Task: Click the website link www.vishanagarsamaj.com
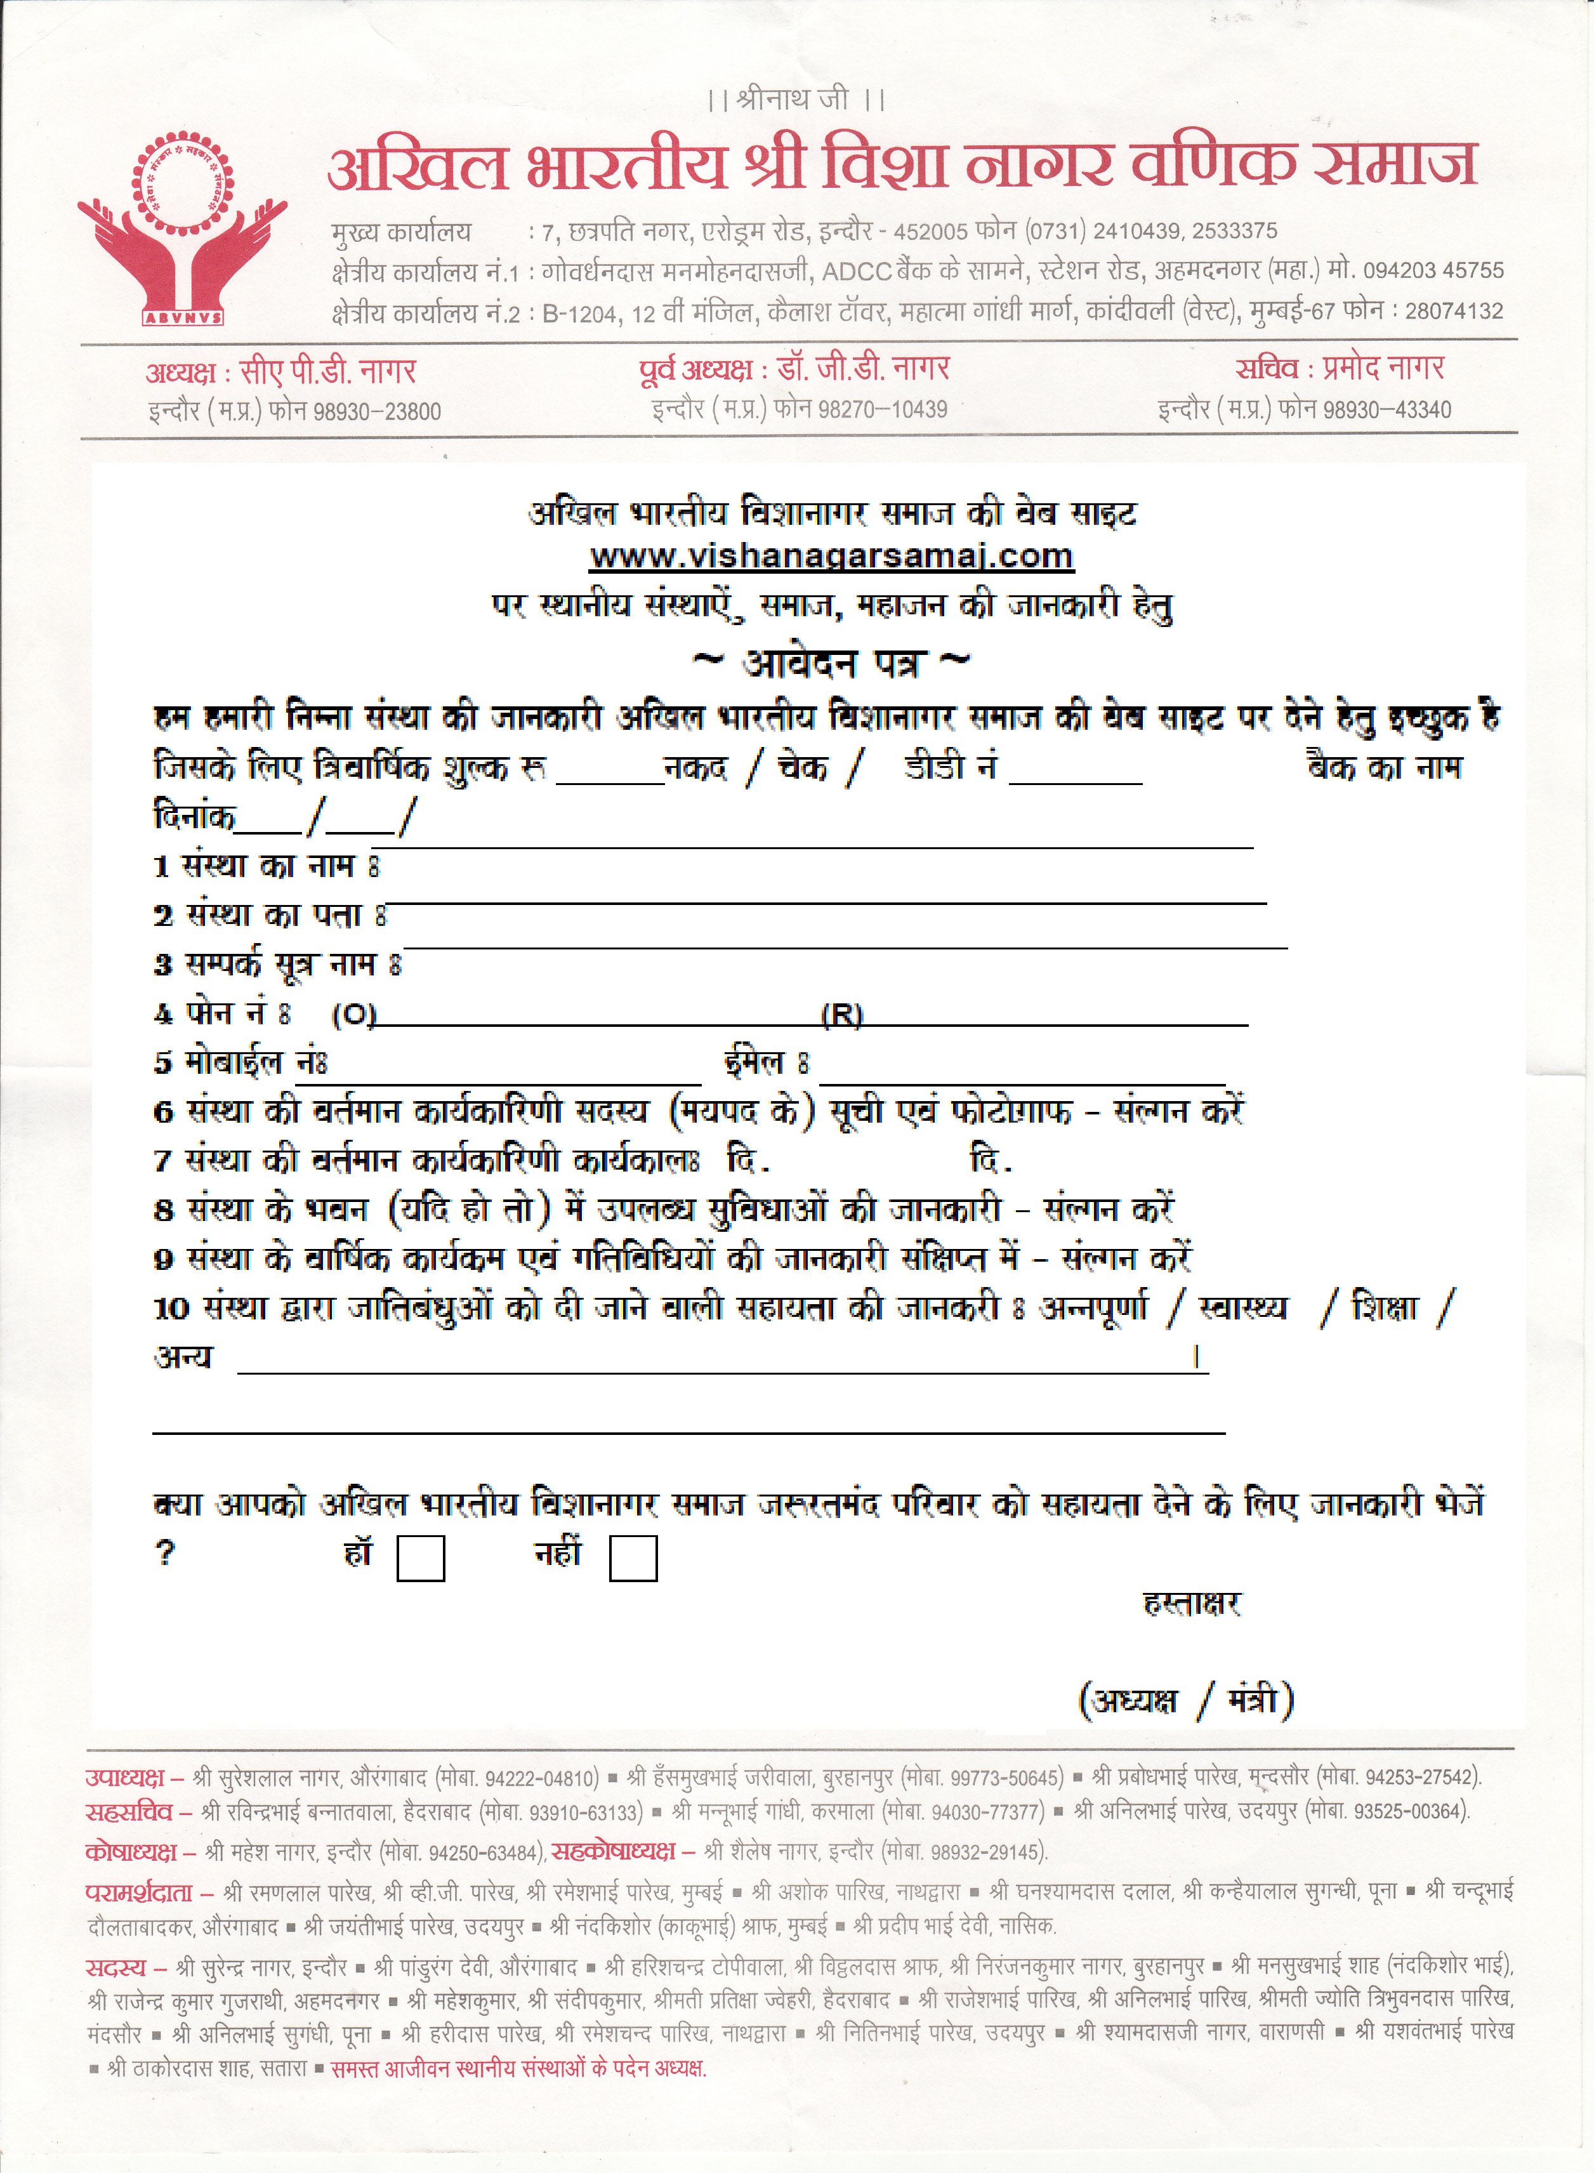coord(832,557)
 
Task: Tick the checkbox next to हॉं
coord(421,1558)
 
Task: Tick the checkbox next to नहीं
coord(633,1558)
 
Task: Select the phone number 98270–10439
coord(882,409)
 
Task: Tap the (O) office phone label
coord(353,1015)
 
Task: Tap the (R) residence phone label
coord(841,1015)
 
